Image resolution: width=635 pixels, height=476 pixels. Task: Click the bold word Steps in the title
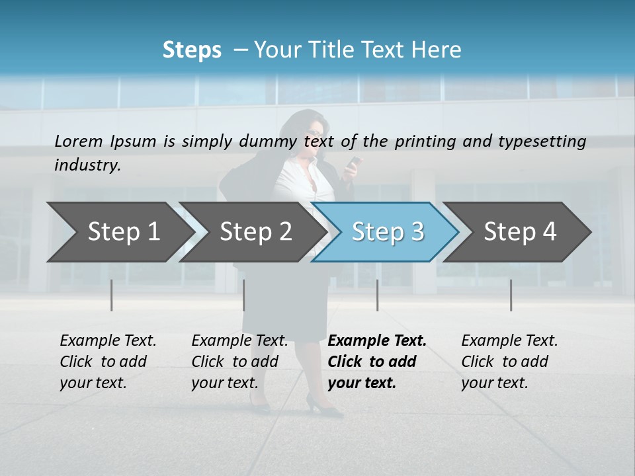pos(192,50)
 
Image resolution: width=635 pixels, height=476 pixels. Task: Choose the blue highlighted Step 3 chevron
pos(388,232)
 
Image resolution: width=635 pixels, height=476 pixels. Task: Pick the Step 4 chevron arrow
pos(520,232)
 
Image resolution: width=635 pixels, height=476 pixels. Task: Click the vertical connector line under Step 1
pos(112,295)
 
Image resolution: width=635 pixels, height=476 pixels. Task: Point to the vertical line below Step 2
pos(244,295)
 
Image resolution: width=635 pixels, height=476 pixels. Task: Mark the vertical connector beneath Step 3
pos(377,295)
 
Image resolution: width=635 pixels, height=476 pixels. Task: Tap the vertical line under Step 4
pos(511,295)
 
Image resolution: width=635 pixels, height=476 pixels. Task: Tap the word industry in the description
pos(87,165)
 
